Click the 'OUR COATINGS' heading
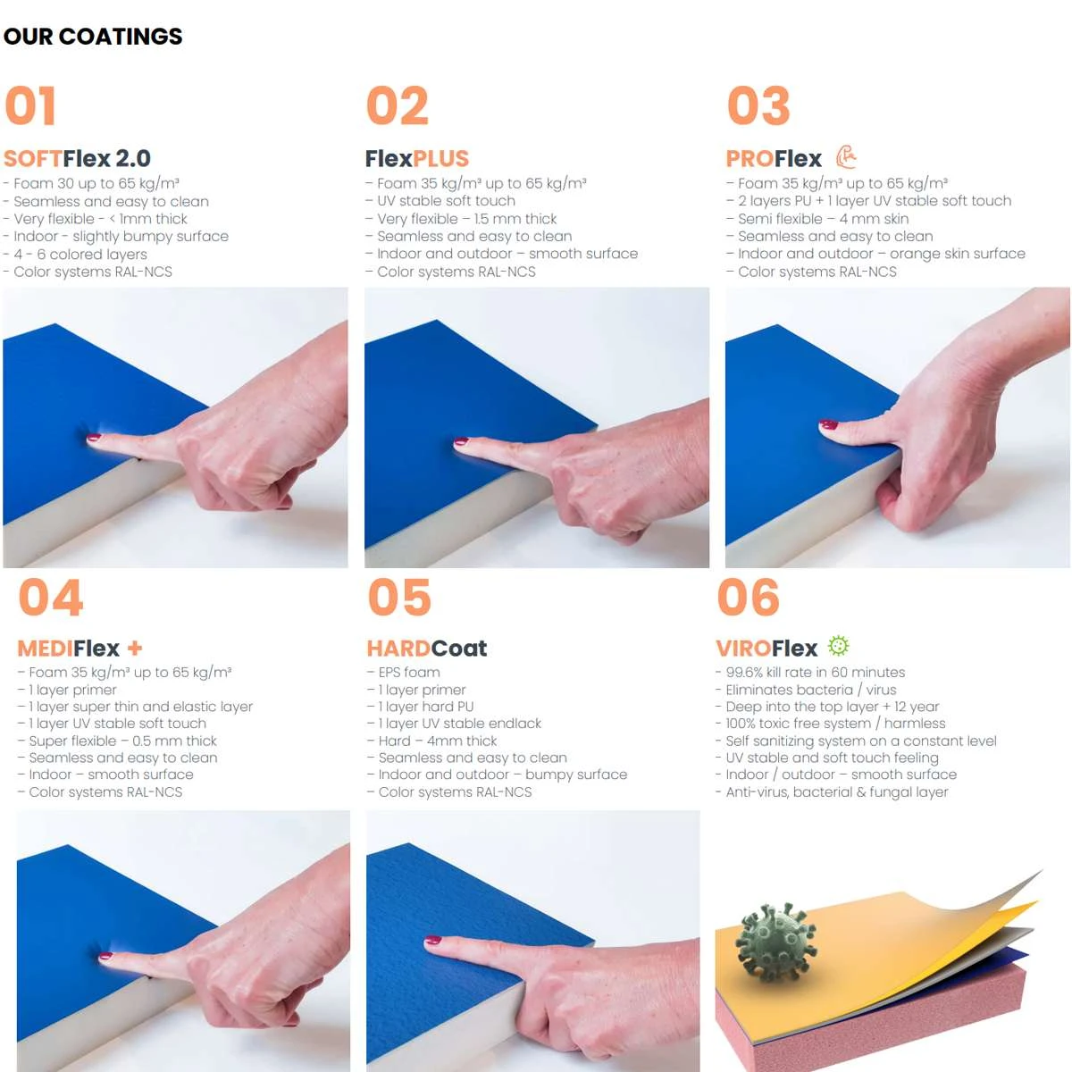click(x=93, y=37)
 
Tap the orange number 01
click(x=30, y=105)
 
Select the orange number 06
click(x=749, y=597)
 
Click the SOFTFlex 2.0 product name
click(x=77, y=158)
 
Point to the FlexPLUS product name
click(x=416, y=158)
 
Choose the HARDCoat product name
click(x=427, y=648)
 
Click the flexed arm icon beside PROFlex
click(x=846, y=157)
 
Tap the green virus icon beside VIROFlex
click(x=838, y=645)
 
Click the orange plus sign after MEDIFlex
click(x=135, y=648)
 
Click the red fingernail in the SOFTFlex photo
click(x=94, y=438)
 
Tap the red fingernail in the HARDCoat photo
click(x=432, y=940)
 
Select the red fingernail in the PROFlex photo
click(x=828, y=424)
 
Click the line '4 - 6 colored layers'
click(x=75, y=255)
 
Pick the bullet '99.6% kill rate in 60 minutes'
click(x=810, y=672)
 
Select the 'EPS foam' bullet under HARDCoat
click(x=403, y=672)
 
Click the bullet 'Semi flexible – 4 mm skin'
click(x=817, y=219)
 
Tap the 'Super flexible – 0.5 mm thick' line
click(x=117, y=741)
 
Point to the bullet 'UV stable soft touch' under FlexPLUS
click(x=440, y=201)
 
